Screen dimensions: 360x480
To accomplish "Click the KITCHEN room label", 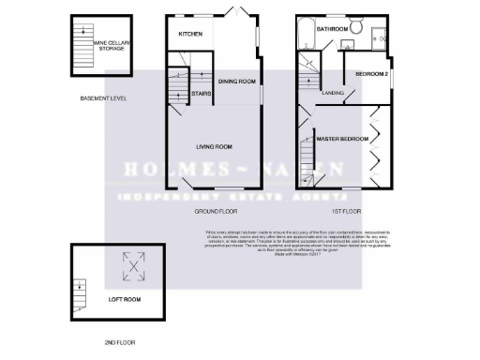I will tap(190, 35).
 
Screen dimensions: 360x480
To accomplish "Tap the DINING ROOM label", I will tap(236, 82).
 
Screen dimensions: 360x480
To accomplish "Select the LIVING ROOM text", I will tap(214, 147).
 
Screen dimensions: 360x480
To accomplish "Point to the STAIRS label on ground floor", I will tap(200, 94).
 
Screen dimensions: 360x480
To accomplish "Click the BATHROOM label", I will tap(332, 30).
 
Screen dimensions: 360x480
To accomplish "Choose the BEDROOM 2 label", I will tap(370, 73).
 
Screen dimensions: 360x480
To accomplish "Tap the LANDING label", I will tap(333, 94).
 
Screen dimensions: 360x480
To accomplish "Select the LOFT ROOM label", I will tap(124, 300).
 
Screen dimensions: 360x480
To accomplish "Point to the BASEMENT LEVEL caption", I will tap(103, 98).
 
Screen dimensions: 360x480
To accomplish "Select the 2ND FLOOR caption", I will tap(121, 343).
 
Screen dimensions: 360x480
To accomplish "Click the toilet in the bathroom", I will tap(356, 25).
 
